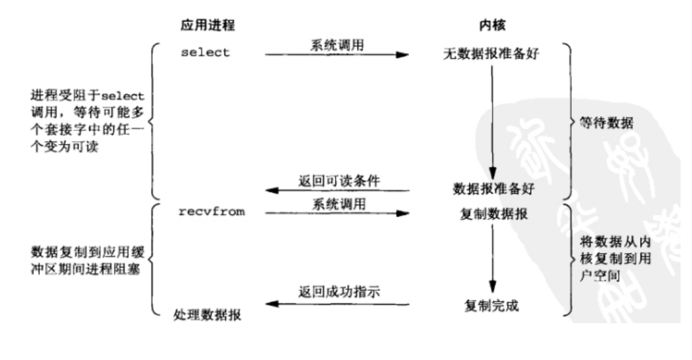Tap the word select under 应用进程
(x=204, y=53)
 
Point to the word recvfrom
(x=211, y=212)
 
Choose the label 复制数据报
(x=491, y=213)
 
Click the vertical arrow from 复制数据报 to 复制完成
(x=491, y=260)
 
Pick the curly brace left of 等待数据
(x=567, y=121)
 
